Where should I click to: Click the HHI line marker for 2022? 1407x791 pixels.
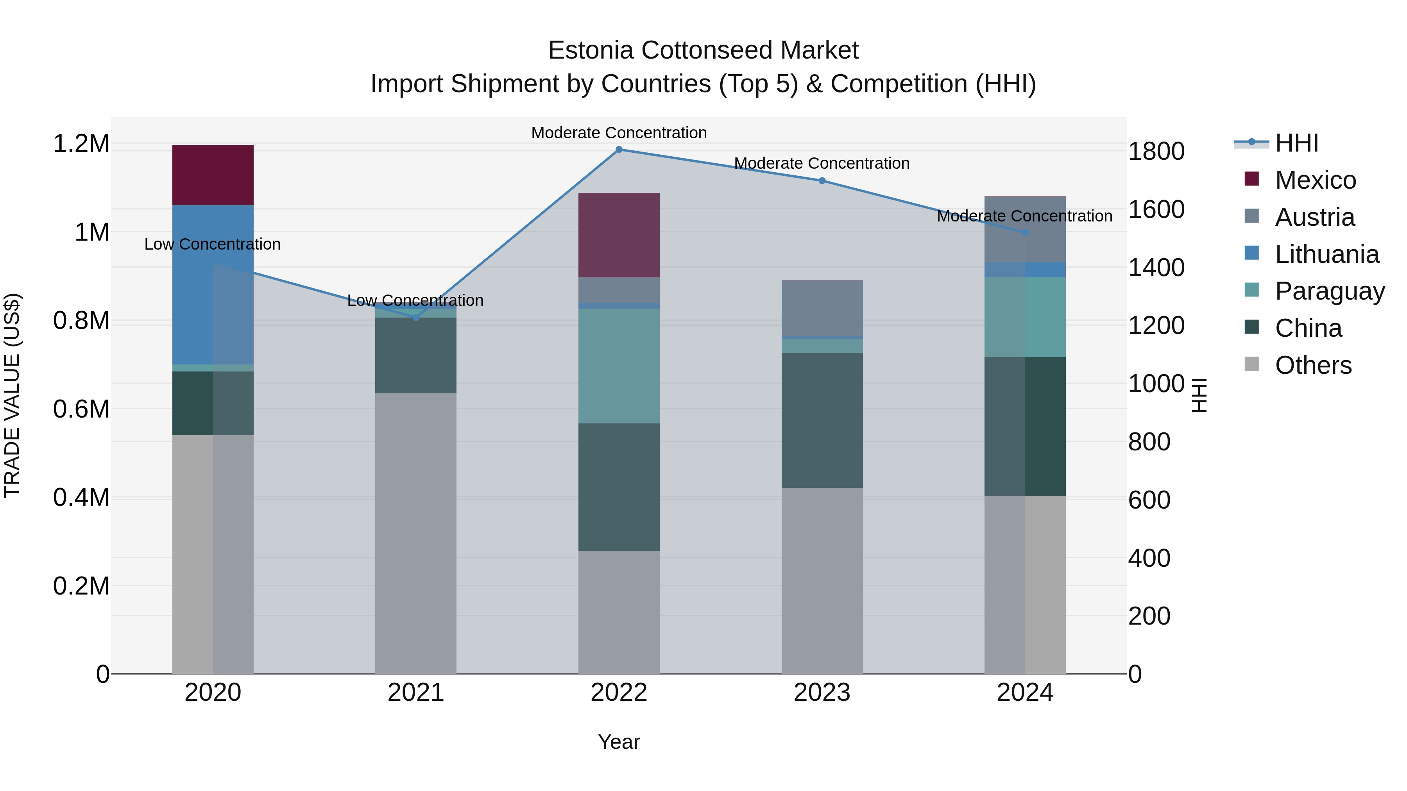tap(619, 150)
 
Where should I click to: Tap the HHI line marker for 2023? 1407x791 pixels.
tap(822, 181)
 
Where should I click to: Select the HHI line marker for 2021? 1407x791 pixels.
tap(416, 317)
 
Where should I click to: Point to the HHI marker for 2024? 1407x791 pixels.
tap(1025, 232)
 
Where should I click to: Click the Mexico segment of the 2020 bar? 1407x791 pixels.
tap(213, 175)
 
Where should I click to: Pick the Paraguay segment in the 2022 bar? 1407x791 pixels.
tap(619, 366)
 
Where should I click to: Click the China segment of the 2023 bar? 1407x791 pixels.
tap(822, 420)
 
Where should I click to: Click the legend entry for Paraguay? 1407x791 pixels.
tap(1330, 291)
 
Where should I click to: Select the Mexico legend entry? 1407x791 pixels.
tap(1315, 180)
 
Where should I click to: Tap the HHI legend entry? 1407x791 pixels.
tap(1296, 143)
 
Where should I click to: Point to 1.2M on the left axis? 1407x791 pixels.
tap(81, 144)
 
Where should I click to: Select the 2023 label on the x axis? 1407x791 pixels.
tap(822, 693)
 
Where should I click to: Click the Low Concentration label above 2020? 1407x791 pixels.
tap(213, 244)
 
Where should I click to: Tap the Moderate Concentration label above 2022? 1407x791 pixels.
tap(619, 133)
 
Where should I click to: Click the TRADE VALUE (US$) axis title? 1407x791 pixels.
tap(12, 396)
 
